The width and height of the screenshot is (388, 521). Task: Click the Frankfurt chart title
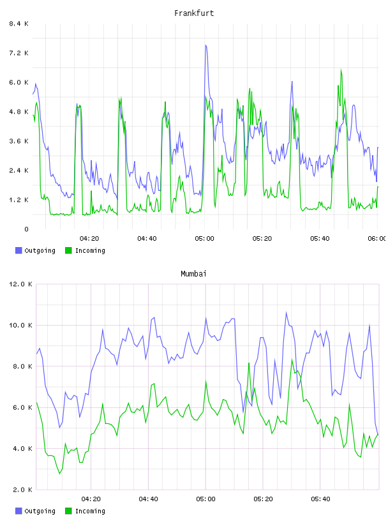tap(194, 13)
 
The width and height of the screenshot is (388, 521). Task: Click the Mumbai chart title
tap(193, 274)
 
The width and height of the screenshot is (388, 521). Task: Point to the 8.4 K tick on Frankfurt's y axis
tap(19, 24)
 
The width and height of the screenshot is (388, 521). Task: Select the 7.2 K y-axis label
tap(19, 53)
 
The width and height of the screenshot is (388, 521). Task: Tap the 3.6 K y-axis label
tap(19, 141)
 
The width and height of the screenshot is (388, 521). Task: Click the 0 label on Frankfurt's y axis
tap(27, 229)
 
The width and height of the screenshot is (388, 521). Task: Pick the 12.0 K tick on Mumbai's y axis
tap(20, 284)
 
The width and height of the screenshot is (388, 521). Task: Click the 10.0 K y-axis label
tap(20, 325)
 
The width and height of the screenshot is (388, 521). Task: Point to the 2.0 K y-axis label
tap(22, 490)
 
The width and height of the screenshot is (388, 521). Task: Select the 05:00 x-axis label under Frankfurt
tap(205, 239)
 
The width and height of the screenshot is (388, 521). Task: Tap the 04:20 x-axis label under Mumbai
tap(91, 499)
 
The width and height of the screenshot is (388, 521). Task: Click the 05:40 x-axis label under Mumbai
tap(320, 499)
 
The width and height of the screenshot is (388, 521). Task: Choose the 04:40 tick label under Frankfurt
tap(147, 239)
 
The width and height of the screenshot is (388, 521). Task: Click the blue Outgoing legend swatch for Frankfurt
tap(19, 250)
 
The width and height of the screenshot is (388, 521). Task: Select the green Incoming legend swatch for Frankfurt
tap(68, 250)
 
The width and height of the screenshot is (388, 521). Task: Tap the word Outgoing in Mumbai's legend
tap(40, 511)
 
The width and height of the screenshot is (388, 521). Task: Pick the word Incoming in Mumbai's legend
tap(90, 511)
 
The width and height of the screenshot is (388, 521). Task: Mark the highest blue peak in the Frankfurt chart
tap(205, 45)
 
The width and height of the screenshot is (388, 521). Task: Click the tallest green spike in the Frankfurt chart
tap(341, 70)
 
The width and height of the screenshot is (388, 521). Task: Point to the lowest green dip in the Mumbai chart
tap(60, 474)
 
